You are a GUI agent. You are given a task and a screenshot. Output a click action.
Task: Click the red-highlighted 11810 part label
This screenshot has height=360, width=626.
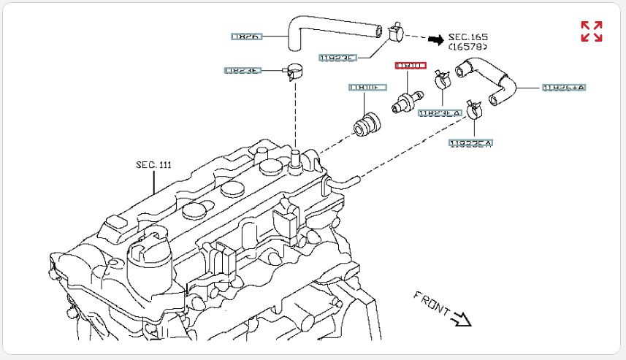point(410,66)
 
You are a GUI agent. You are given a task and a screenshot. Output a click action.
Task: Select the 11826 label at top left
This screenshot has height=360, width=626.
point(246,35)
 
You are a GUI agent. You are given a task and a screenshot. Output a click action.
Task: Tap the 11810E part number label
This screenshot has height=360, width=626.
point(365,88)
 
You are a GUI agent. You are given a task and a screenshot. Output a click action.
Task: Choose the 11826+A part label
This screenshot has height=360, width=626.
point(564,88)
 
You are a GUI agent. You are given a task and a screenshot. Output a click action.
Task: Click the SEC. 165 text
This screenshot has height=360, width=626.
point(468,37)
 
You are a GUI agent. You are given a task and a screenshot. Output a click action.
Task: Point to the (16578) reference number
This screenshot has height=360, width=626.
point(468,47)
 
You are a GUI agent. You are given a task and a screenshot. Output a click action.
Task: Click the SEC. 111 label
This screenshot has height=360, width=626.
point(153,165)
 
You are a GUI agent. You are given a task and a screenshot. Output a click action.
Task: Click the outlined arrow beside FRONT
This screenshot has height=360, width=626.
point(462,318)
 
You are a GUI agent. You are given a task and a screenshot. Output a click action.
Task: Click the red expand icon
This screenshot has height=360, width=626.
point(591,31)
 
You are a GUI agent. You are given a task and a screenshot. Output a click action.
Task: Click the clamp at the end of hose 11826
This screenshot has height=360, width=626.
point(397,31)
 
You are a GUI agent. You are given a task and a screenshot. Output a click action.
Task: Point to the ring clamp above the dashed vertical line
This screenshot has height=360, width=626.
point(295,71)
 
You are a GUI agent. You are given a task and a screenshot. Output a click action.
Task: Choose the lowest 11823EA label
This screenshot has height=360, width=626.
point(470,144)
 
